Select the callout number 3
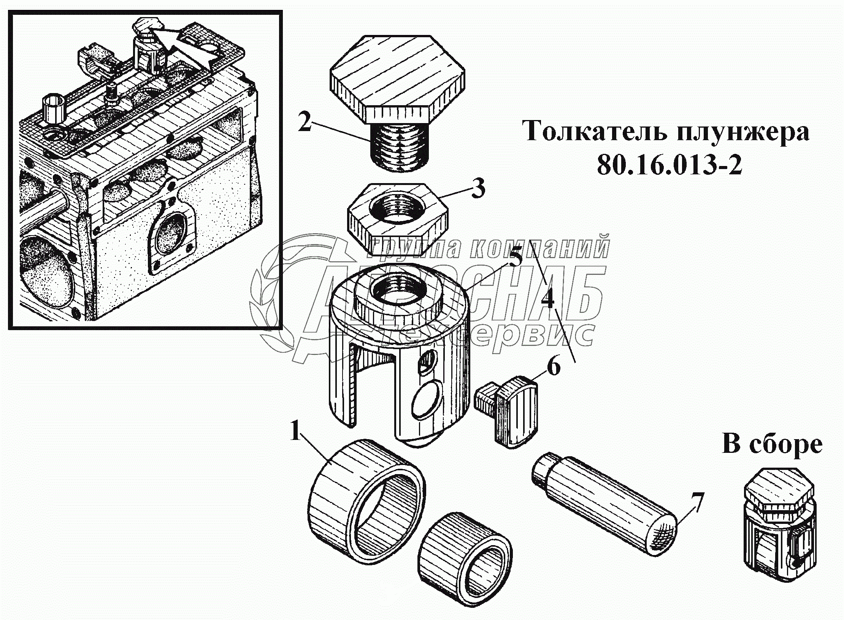point(478,189)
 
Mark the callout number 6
point(554,367)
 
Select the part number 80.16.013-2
point(669,166)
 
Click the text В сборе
point(772,444)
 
